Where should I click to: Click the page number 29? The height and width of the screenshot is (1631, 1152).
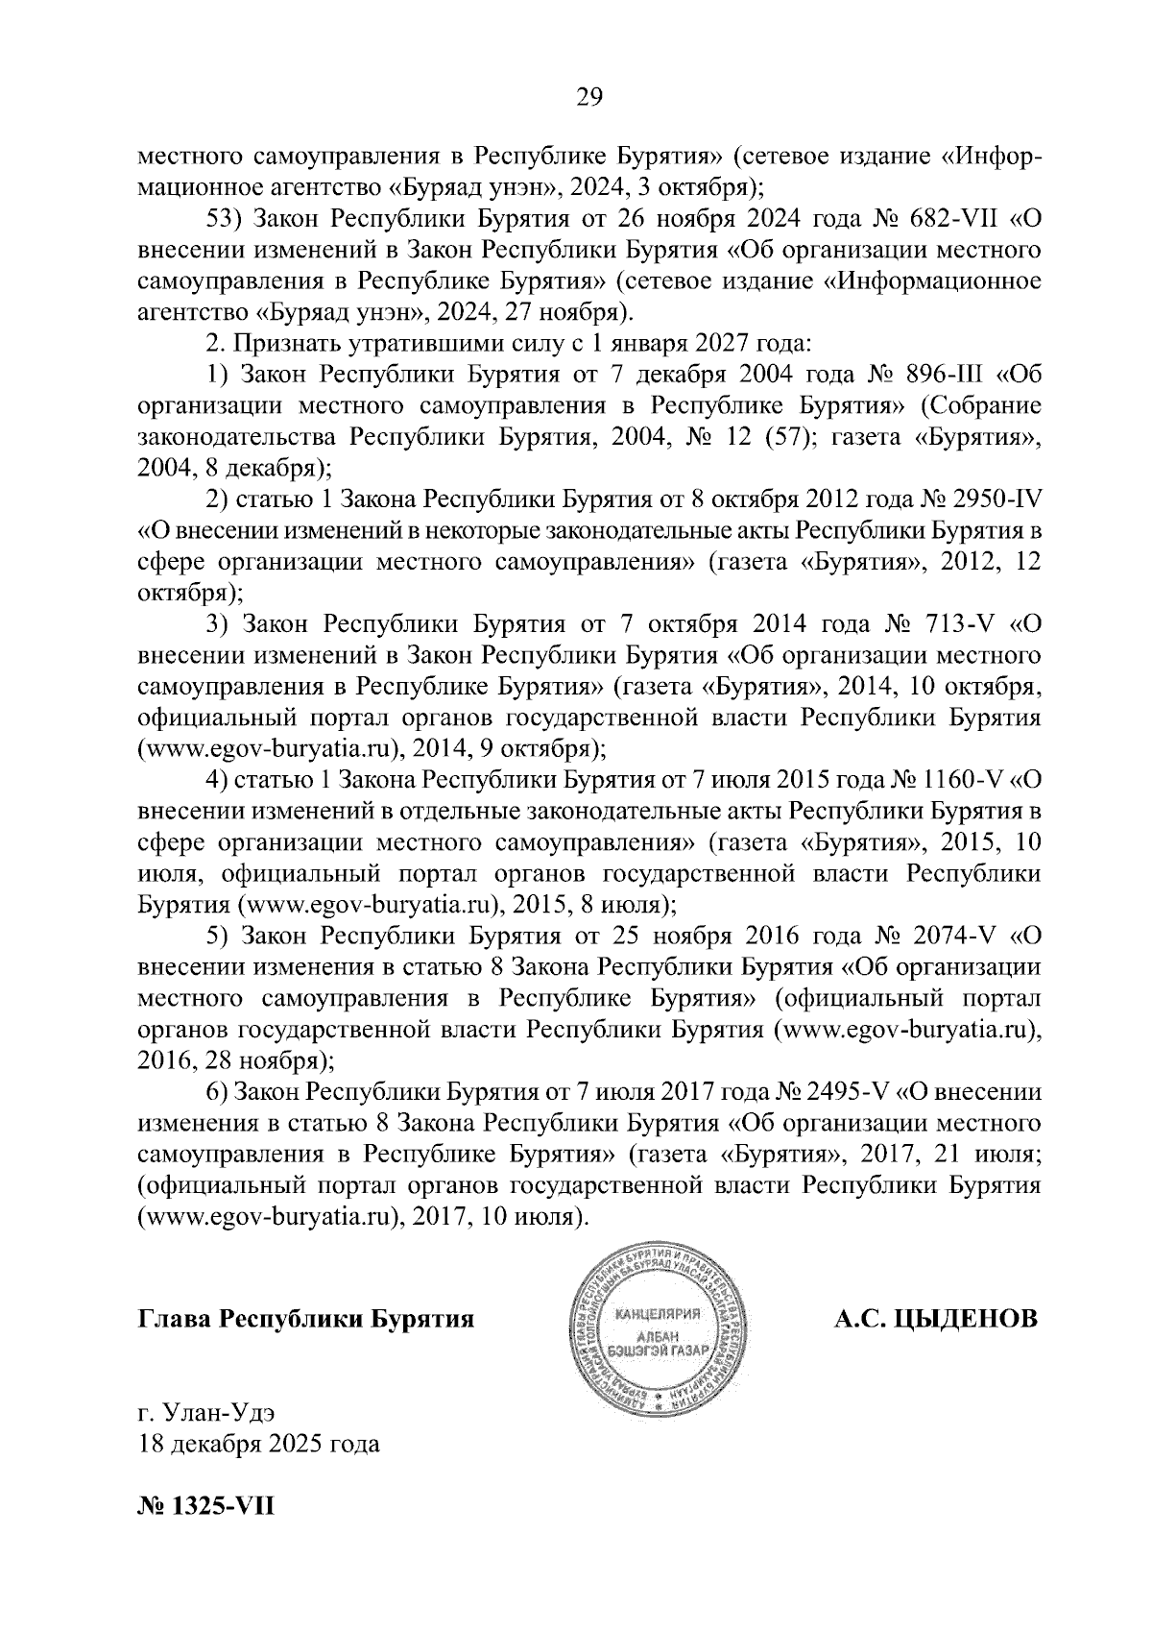pyautogui.click(x=588, y=96)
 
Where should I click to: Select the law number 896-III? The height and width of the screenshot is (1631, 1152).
pyautogui.click(x=941, y=374)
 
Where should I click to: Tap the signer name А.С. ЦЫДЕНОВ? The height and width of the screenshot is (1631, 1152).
pyautogui.click(x=936, y=1318)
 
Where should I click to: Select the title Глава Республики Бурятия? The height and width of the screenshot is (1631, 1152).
pyautogui.click(x=307, y=1318)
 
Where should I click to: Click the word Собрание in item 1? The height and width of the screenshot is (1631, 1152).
pyautogui.click(x=986, y=405)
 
